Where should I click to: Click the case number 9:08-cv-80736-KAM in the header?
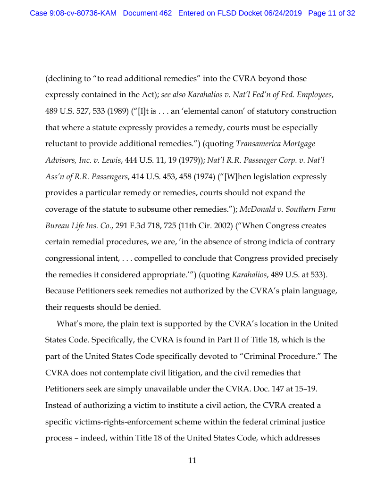[73, 13]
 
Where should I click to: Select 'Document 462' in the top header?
[147, 13]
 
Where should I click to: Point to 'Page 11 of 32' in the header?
[331, 13]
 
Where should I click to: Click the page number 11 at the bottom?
[192, 461]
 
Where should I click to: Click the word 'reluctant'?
[62, 144]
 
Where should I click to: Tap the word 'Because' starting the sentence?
[60, 290]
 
